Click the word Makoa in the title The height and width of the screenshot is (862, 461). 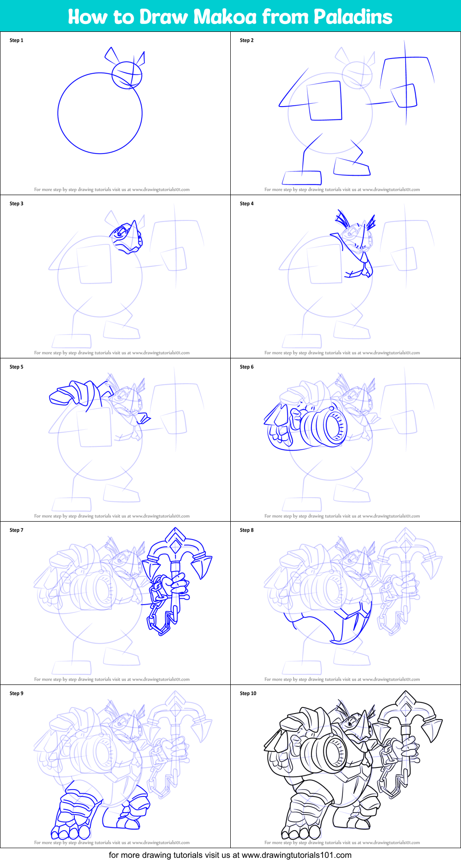tap(225, 17)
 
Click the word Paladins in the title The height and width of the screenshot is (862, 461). tap(353, 17)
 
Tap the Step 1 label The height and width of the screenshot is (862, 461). tap(16, 41)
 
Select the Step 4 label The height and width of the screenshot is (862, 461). tap(246, 204)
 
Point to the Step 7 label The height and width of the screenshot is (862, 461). tap(16, 530)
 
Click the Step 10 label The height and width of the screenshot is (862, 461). tap(248, 694)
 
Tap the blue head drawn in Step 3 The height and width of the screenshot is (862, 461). tap(126, 236)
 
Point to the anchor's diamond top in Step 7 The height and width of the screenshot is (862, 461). tap(175, 547)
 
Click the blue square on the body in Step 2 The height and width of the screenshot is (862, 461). tap(325, 101)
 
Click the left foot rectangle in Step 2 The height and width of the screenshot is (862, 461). tap(302, 178)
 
